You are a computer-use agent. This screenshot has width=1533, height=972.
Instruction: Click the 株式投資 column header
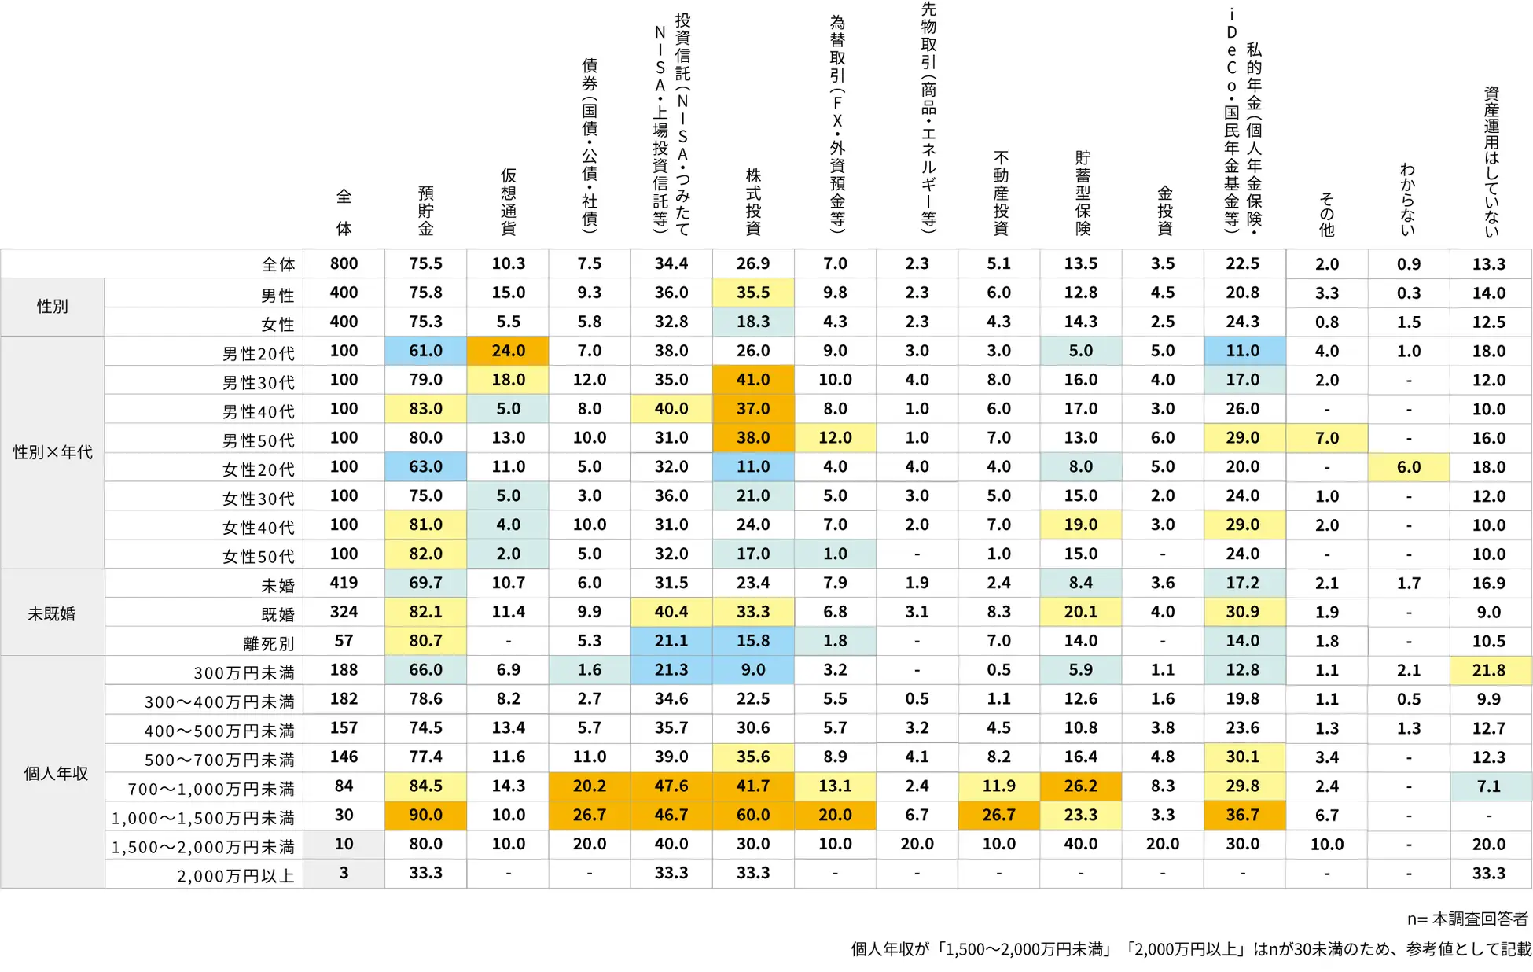click(753, 201)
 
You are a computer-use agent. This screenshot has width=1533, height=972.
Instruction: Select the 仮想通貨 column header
click(508, 201)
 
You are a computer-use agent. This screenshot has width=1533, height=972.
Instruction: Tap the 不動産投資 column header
click(1000, 193)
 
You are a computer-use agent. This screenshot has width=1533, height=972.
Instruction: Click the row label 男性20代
click(258, 353)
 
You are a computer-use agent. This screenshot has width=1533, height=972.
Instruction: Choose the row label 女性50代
click(258, 556)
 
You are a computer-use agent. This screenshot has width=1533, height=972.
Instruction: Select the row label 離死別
click(268, 643)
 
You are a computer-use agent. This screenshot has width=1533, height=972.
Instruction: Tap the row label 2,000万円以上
click(235, 875)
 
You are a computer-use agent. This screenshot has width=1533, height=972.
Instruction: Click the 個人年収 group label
click(55, 773)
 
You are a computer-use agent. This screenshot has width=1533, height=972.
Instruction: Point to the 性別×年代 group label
click(53, 452)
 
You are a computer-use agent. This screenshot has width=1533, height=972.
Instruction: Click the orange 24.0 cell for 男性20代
click(508, 351)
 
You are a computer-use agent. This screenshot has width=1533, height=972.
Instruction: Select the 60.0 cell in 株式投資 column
click(753, 815)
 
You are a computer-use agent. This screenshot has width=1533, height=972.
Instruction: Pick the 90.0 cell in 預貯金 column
click(425, 815)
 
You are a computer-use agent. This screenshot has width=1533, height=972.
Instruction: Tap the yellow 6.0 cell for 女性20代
click(1408, 467)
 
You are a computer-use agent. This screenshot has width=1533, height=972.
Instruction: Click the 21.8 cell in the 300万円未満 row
click(1489, 670)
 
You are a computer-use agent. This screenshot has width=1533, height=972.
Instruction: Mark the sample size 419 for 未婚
click(344, 583)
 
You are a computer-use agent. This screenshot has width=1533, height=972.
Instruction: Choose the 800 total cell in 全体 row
click(344, 263)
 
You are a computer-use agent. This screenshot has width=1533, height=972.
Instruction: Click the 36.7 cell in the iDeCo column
click(1242, 815)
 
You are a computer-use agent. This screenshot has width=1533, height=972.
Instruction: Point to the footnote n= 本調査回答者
click(1467, 919)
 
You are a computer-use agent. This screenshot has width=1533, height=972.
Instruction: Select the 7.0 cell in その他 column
click(1326, 438)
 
